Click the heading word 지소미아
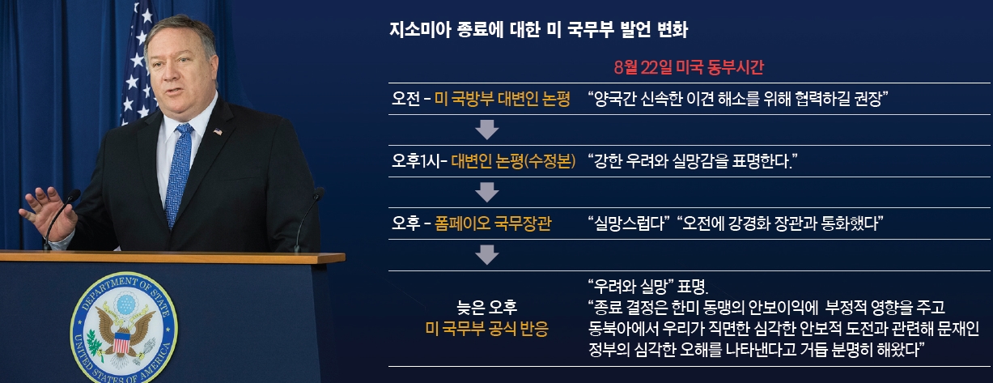[x=420, y=30]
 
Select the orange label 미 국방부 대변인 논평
[x=502, y=99]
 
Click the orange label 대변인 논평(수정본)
[x=513, y=161]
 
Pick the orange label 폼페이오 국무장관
[x=493, y=223]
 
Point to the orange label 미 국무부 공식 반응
[x=486, y=329]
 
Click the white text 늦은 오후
[x=486, y=307]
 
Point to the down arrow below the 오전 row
[x=486, y=130]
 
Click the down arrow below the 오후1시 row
[x=486, y=193]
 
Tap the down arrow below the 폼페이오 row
[x=486, y=255]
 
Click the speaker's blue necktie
[x=179, y=174]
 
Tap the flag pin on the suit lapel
[x=218, y=131]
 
